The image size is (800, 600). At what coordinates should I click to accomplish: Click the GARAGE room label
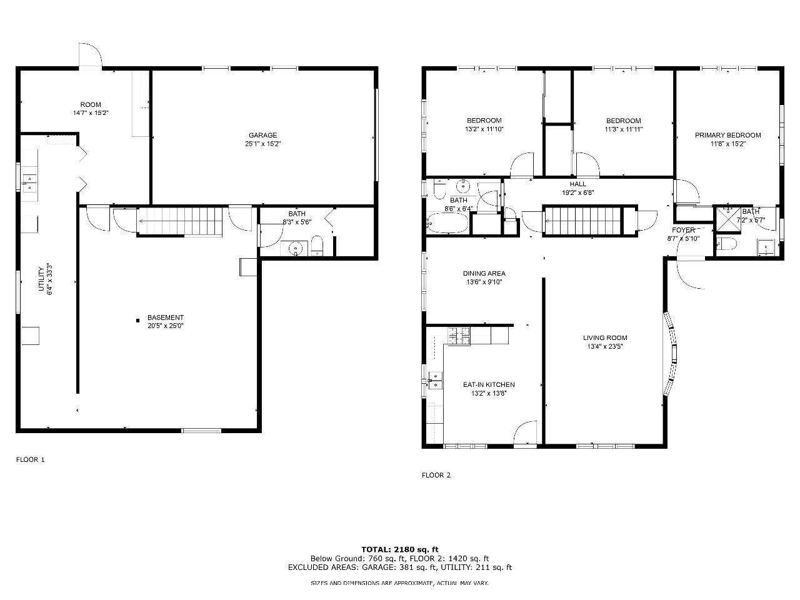coord(262,135)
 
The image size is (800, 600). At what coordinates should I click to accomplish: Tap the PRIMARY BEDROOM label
coord(728,135)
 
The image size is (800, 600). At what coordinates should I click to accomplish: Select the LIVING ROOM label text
coord(605,337)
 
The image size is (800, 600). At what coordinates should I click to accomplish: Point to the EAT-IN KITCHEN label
coord(489,384)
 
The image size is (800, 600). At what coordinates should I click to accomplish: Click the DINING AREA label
coord(484,273)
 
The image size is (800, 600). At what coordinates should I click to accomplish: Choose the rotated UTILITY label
coord(41,279)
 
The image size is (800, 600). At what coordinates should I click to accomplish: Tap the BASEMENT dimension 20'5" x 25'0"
coord(166,326)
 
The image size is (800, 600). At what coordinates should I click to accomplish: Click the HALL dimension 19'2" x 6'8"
coord(578,192)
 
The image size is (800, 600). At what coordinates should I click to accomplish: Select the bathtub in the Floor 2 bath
coord(447,223)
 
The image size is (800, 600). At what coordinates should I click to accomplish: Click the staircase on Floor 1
coord(179,221)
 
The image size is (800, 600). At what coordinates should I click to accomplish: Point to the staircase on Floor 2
coord(582,221)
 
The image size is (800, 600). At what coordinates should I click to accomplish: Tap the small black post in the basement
coord(137,321)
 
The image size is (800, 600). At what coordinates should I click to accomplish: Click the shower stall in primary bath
coord(729,219)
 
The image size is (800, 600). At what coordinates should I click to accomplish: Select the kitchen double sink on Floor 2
coord(435,381)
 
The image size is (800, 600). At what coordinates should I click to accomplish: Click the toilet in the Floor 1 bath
coord(317,246)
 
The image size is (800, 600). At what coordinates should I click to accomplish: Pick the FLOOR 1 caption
coord(30,459)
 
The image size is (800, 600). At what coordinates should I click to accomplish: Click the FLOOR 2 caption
coord(436,475)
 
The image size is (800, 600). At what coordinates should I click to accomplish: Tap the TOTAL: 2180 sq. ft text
coord(400,549)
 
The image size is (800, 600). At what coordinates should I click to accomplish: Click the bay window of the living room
coord(671,354)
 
